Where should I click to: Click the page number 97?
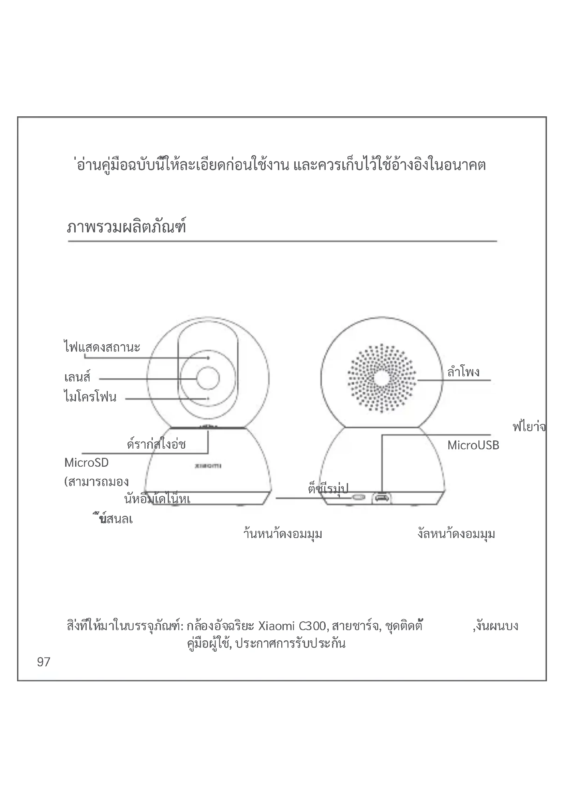pyautogui.click(x=43, y=662)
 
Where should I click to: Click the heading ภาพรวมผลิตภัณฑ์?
pyautogui.click(x=127, y=226)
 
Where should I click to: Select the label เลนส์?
pyautogui.click(x=77, y=377)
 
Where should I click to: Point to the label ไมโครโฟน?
pyautogui.click(x=90, y=397)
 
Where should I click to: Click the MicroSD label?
pyautogui.click(x=87, y=463)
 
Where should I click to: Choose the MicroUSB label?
pyautogui.click(x=473, y=445)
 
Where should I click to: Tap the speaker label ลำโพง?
pyautogui.click(x=463, y=372)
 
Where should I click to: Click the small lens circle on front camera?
pyautogui.click(x=208, y=378)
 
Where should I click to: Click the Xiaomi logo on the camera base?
pyautogui.click(x=208, y=466)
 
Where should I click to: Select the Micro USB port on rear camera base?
pyautogui.click(x=381, y=498)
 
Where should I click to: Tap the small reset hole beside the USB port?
pyautogui.click(x=358, y=498)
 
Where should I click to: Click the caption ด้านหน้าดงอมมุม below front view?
pyautogui.click(x=283, y=534)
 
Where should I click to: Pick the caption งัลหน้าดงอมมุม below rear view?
pyautogui.click(x=456, y=534)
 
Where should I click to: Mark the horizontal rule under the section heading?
pyautogui.click(x=282, y=241)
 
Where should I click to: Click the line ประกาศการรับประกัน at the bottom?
pyautogui.click(x=290, y=643)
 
